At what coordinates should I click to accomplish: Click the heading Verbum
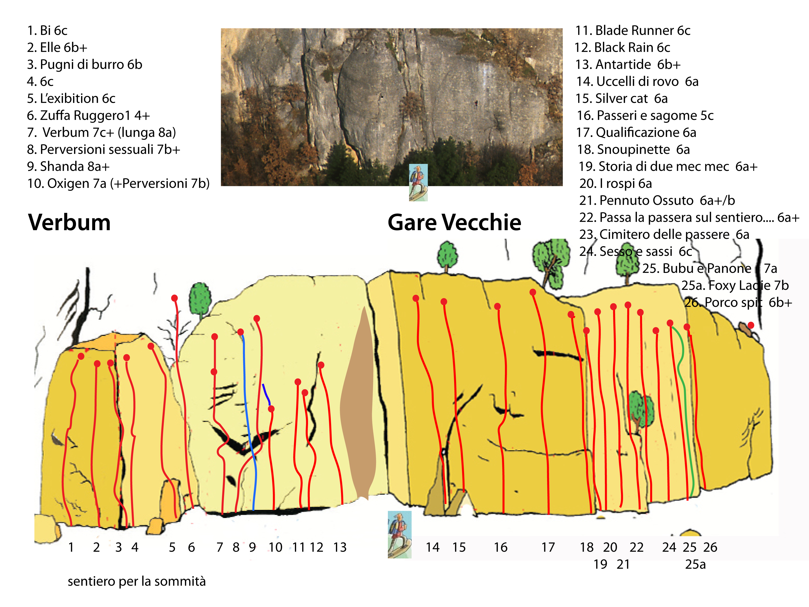(x=69, y=222)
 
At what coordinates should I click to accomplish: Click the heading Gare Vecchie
(x=454, y=222)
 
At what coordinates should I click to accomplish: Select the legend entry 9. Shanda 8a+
(x=68, y=167)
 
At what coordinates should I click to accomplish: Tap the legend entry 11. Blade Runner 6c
(x=633, y=30)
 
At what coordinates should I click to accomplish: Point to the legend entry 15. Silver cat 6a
(x=622, y=98)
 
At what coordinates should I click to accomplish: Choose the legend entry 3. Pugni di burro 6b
(x=84, y=64)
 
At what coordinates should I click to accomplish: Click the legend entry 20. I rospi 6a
(x=616, y=183)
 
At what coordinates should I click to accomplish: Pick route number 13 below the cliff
(x=340, y=547)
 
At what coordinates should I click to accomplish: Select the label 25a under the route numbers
(x=695, y=564)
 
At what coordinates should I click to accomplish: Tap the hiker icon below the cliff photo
(x=418, y=182)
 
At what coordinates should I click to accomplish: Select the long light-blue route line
(x=250, y=421)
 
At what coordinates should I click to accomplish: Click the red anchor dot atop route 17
(x=533, y=292)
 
